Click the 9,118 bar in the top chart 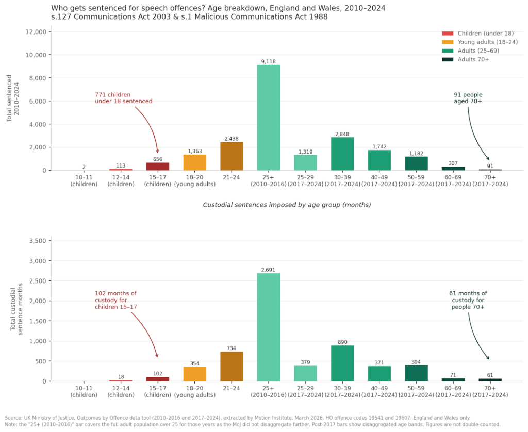click(x=269, y=118)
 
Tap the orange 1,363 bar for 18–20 click(x=195, y=162)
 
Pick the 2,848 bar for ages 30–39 click(x=342, y=154)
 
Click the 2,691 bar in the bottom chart click(x=269, y=327)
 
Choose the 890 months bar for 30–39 click(x=342, y=363)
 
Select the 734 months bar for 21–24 click(x=232, y=366)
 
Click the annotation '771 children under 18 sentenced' click(x=123, y=98)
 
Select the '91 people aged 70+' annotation click(x=468, y=98)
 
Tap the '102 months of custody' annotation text click(x=115, y=300)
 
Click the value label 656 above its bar click(x=158, y=159)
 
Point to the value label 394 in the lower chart click(x=416, y=362)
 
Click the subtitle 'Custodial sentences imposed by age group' click(x=287, y=205)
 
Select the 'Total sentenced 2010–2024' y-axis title click(x=12, y=101)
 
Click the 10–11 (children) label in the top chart click(x=84, y=180)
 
